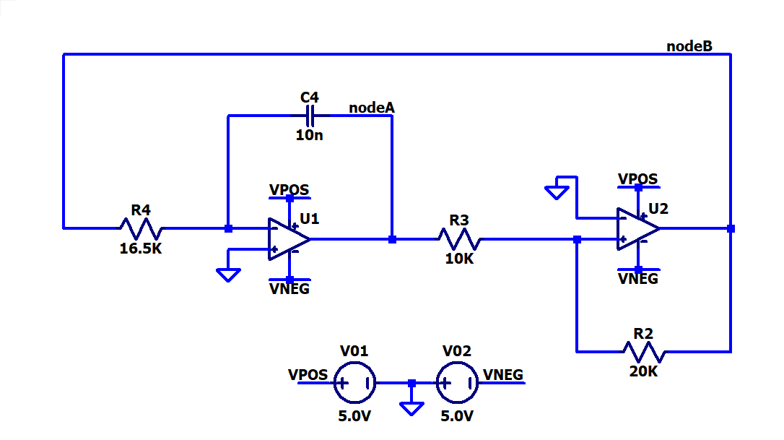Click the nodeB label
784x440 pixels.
(x=689, y=46)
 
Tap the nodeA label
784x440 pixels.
(x=372, y=108)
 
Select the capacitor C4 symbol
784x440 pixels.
(x=310, y=116)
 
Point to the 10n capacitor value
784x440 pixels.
(x=309, y=135)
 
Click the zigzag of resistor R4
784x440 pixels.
(x=141, y=228)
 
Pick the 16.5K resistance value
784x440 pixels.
(x=141, y=249)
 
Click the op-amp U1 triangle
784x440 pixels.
(x=289, y=239)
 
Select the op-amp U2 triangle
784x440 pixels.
(x=638, y=229)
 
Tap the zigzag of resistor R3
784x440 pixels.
(x=460, y=239)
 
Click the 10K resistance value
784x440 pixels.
(x=459, y=259)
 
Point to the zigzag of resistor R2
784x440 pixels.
(x=644, y=352)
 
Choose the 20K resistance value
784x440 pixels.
(x=643, y=371)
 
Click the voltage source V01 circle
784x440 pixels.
(x=354, y=383)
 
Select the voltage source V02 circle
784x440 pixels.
(x=457, y=383)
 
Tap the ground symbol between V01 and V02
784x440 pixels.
(x=412, y=408)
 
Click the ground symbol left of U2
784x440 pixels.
(x=557, y=193)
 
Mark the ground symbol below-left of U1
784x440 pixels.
(x=229, y=275)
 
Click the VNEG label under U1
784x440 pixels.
(x=289, y=289)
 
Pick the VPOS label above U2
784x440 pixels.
(x=637, y=178)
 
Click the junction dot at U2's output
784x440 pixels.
(x=731, y=229)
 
